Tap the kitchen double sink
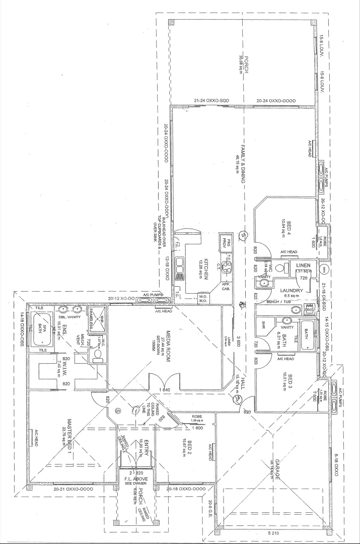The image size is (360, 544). click(x=179, y=269)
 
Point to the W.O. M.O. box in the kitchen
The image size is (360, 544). click(x=204, y=297)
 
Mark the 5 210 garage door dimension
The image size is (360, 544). click(x=274, y=532)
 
